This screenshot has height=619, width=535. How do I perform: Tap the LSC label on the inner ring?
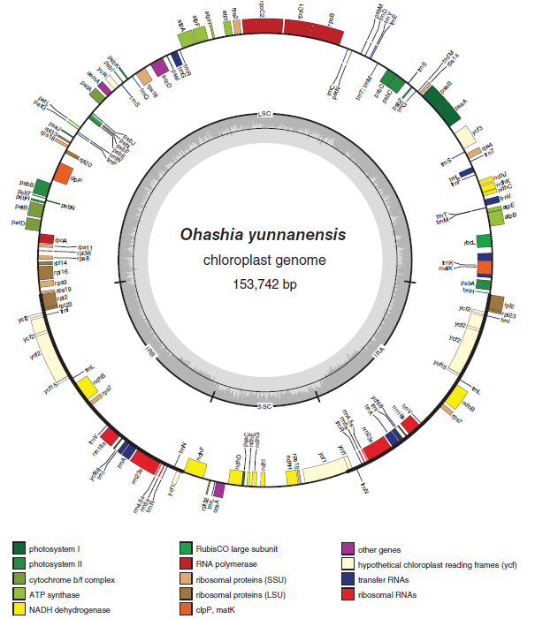click(x=264, y=115)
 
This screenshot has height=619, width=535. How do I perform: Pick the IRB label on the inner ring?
click(x=150, y=351)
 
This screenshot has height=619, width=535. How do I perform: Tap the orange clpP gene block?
click(x=63, y=173)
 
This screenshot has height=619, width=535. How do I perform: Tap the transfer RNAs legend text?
click(x=393, y=580)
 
